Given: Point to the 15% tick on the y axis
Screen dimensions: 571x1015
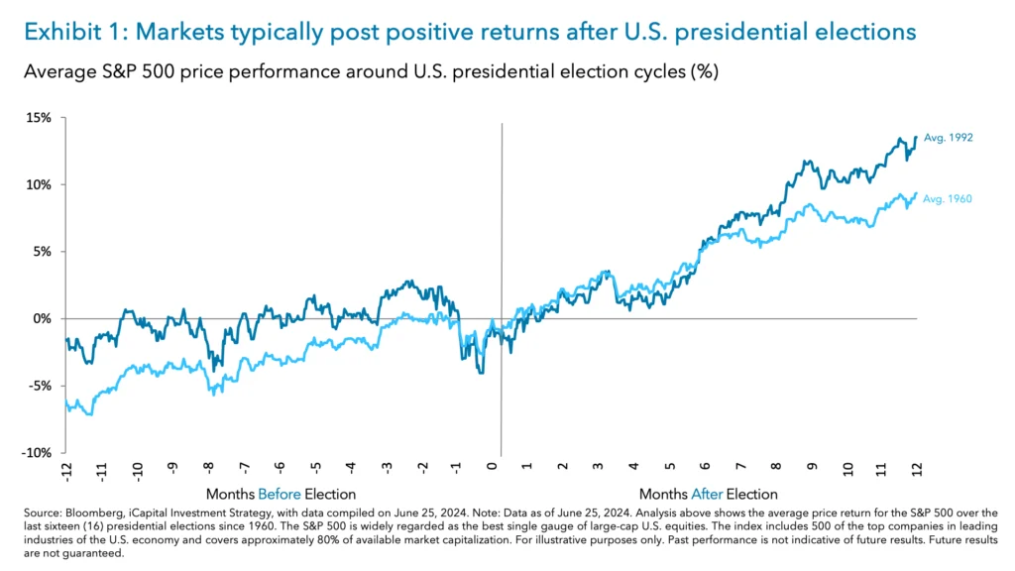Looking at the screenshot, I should tap(40, 118).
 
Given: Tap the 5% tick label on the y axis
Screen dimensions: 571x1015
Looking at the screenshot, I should tap(43, 252).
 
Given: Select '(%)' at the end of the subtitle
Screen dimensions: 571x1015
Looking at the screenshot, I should tap(704, 72).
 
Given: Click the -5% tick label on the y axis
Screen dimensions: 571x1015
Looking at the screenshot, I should tap(40, 386).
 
